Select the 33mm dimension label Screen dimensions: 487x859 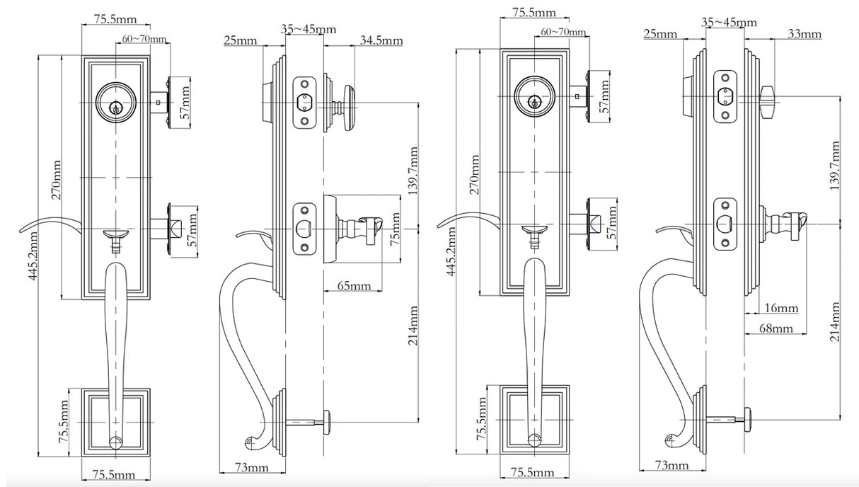coord(805,34)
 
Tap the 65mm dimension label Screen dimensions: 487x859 coord(354,286)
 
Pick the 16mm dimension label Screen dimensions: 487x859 coord(782,308)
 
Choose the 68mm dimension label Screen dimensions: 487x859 coord(776,328)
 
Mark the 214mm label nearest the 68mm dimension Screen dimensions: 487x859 coord(836,321)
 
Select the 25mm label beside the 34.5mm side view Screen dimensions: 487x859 coord(240,40)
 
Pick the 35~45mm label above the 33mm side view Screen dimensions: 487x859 coord(729,22)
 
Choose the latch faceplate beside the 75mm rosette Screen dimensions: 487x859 coord(304,227)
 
